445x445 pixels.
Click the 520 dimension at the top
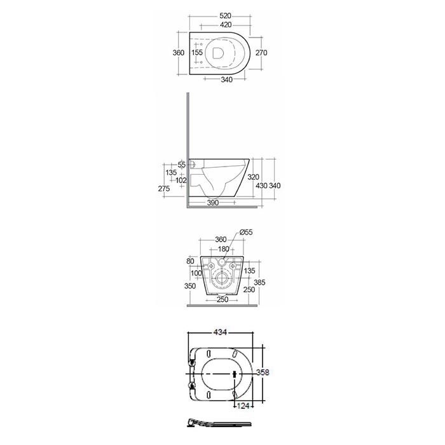point(225,16)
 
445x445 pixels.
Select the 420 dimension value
point(226,25)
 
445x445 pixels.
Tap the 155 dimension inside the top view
point(197,53)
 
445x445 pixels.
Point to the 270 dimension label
point(261,53)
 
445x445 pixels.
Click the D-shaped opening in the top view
point(217,53)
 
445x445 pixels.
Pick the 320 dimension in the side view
point(253,177)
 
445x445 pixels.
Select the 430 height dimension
point(261,186)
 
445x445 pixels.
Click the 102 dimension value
point(181,180)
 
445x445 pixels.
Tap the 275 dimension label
point(164,188)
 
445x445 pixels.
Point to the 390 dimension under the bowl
point(213,203)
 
